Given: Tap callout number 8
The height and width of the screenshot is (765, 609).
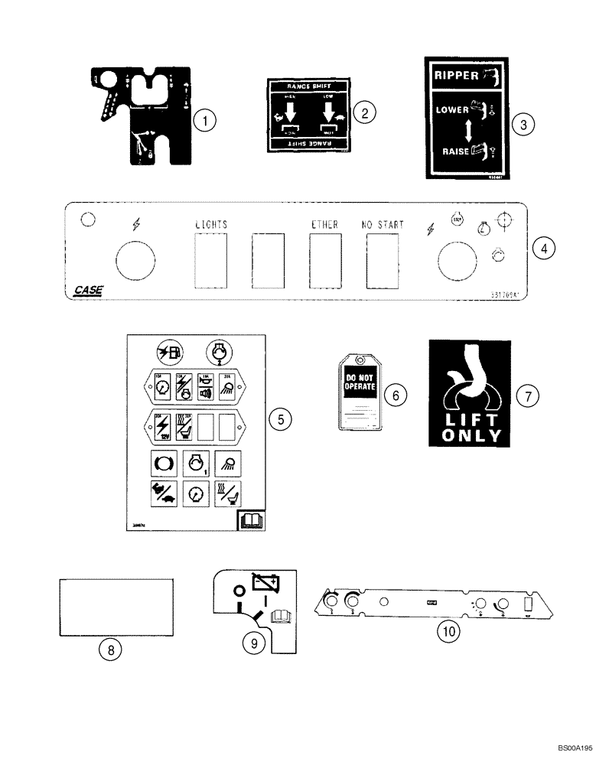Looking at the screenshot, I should click(111, 649).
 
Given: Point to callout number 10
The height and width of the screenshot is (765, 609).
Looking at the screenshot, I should click(446, 632).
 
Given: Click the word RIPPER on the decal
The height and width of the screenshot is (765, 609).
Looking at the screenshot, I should click(455, 75).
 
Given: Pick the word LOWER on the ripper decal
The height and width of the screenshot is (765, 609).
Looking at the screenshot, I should click(452, 109).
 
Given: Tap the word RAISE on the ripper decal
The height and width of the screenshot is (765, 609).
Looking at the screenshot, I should click(455, 151).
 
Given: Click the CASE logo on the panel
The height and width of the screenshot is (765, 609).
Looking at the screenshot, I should click(89, 291).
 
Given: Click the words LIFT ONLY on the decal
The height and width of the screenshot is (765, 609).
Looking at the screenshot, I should click(468, 429).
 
